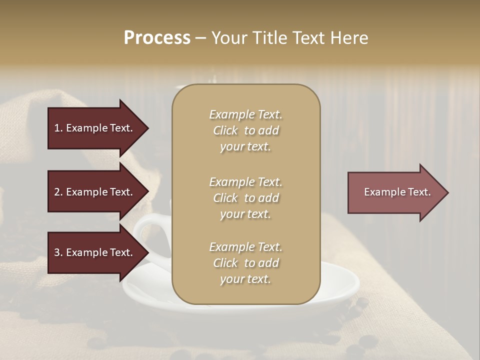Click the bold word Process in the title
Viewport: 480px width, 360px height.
[x=157, y=38]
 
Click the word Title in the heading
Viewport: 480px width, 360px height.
[x=268, y=38]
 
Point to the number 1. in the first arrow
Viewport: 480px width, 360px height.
[x=58, y=128]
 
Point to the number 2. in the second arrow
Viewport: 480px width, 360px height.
[x=58, y=192]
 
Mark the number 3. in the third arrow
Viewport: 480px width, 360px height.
[x=58, y=252]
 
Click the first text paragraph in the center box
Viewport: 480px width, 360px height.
[x=245, y=130]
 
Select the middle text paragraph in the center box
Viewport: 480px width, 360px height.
[x=245, y=197]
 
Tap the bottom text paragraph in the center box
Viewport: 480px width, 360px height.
[x=245, y=263]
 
